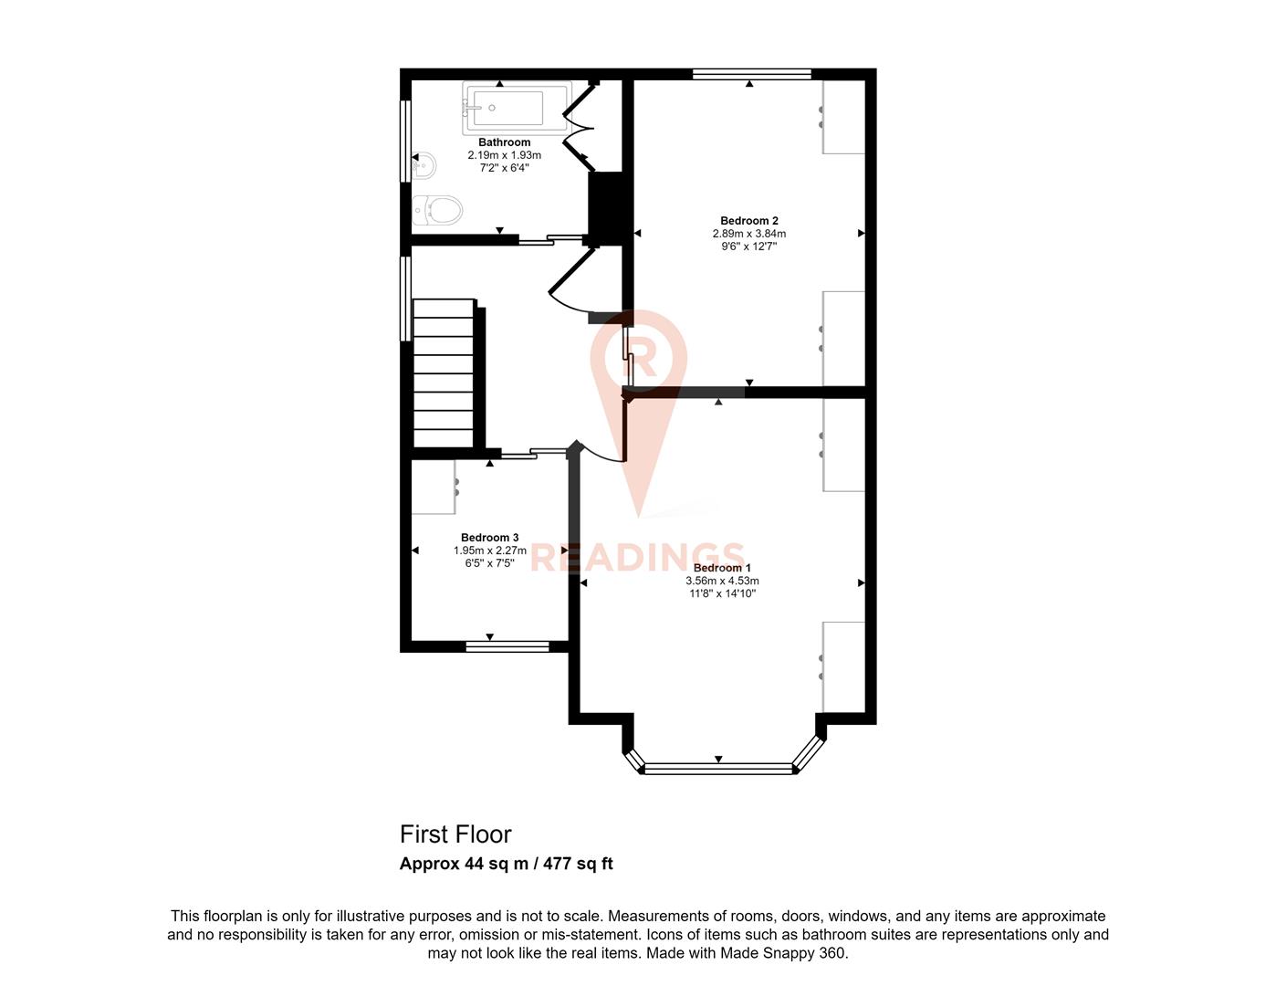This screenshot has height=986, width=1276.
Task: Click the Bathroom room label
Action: tap(504, 142)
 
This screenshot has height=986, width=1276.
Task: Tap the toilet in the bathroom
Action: tap(437, 210)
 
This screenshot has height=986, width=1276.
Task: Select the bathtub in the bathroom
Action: tap(517, 108)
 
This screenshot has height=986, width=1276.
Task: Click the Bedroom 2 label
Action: tap(748, 221)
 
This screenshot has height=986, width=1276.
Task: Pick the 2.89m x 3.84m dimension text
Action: tap(748, 233)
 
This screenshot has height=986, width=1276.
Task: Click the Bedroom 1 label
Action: tap(722, 568)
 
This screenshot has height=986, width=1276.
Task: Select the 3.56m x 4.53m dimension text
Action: tap(722, 581)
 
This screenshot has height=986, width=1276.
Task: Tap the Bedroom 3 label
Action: tap(489, 538)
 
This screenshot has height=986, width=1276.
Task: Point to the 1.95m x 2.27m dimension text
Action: tap(489, 551)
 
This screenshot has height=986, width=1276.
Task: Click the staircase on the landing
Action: tap(444, 373)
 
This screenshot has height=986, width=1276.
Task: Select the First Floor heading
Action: tap(455, 834)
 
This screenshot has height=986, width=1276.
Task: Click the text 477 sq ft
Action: tap(578, 864)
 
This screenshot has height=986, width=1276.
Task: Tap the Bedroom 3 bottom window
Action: tap(507, 646)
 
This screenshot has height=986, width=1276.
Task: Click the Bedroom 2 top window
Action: tap(751, 74)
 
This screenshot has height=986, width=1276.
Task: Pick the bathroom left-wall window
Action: tap(405, 141)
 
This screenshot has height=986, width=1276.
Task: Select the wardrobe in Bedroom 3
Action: tap(434, 487)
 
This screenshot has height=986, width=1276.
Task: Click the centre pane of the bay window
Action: tap(718, 769)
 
